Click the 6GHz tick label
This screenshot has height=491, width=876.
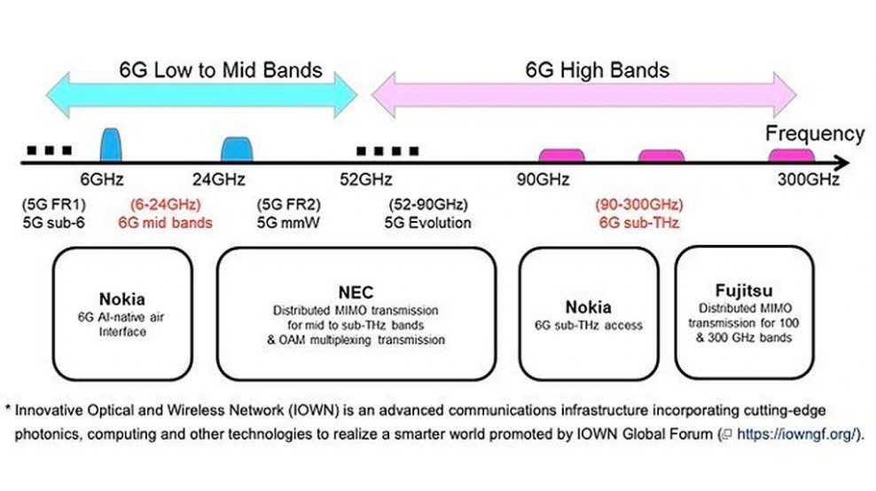[x=102, y=179]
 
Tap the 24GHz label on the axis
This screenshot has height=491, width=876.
[x=219, y=179]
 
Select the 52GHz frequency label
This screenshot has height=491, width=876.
[x=366, y=179]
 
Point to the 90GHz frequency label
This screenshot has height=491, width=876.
[x=543, y=179]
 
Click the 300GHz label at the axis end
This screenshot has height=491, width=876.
[x=809, y=179]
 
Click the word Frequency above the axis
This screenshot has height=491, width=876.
[x=815, y=134]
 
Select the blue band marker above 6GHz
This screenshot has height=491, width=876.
[x=111, y=145]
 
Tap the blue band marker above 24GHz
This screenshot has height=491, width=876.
[x=237, y=149]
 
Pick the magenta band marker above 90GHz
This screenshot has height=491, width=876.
[x=561, y=155]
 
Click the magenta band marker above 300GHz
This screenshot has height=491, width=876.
[x=792, y=155]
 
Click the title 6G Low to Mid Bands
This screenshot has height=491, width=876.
[x=221, y=70]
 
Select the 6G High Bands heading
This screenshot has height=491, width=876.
[x=598, y=70]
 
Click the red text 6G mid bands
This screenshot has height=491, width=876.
[x=166, y=223]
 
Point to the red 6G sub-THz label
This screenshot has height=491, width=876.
[x=639, y=223]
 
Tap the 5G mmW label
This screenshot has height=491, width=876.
[x=288, y=223]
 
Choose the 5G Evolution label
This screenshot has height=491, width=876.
[x=428, y=223]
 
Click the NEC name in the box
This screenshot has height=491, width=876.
[x=356, y=292]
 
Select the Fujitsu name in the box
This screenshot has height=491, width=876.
[x=744, y=290]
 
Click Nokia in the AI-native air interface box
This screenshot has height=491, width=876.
[x=121, y=299]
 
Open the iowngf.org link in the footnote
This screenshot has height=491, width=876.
[x=795, y=434]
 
